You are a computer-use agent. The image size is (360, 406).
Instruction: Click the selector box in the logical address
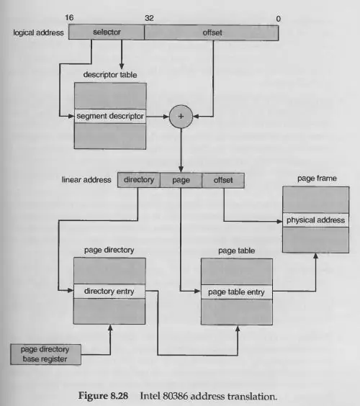click(107, 32)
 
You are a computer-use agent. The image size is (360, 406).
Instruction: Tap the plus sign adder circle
click(181, 117)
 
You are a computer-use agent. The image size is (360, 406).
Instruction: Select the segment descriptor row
click(110, 116)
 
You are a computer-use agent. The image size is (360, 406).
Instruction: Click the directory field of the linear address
click(139, 180)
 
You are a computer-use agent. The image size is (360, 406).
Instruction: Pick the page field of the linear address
click(181, 180)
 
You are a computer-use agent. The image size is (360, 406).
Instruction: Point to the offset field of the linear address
click(223, 180)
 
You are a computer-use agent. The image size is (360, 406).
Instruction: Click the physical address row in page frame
click(315, 220)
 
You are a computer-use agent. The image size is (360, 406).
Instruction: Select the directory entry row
click(109, 292)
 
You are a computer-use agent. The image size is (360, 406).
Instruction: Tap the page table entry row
click(237, 292)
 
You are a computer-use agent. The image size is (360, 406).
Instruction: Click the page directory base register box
click(45, 354)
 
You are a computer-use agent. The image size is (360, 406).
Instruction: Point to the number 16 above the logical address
click(69, 17)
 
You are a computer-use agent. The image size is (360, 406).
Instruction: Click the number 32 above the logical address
click(149, 18)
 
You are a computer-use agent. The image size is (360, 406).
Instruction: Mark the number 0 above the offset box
click(278, 19)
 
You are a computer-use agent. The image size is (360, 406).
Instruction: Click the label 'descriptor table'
click(110, 75)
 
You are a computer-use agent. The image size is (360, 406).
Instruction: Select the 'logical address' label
click(38, 32)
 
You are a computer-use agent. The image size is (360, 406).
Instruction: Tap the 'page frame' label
click(317, 179)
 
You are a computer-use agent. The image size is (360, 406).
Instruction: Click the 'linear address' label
click(86, 180)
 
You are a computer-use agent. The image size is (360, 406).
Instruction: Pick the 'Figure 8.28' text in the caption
click(103, 396)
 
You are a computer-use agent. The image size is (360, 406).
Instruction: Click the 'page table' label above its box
click(236, 251)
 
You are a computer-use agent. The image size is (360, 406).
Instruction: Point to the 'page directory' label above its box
click(109, 250)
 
